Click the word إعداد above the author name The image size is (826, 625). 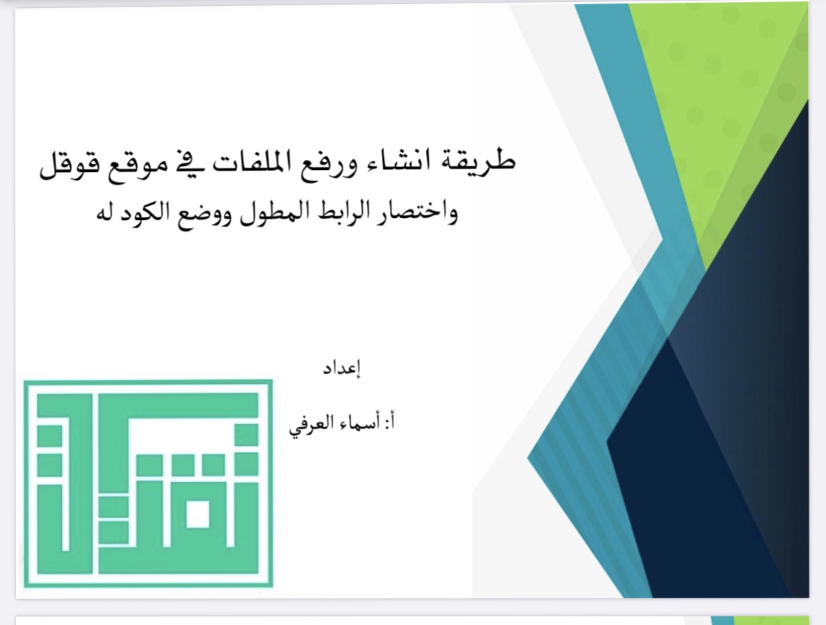coord(342,368)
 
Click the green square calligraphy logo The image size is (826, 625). coord(148,483)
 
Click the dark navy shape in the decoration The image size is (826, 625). coord(715,451)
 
